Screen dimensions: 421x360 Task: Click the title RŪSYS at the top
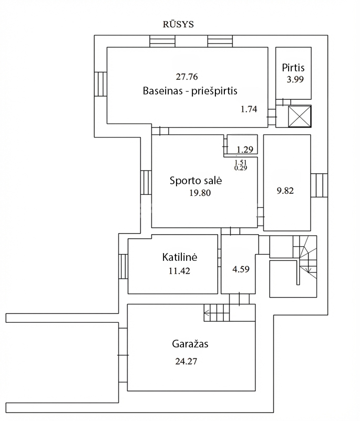(179, 24)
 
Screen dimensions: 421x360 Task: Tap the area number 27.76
(187, 76)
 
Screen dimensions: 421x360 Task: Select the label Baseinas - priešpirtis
(190, 91)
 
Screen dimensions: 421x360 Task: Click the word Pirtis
(293, 68)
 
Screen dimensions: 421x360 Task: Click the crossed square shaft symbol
(300, 117)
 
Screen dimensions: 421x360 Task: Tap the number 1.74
(249, 109)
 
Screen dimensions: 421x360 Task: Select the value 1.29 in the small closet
(245, 150)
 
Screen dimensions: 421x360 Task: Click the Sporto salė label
(196, 181)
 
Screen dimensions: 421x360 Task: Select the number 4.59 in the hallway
(241, 269)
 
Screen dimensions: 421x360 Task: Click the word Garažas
(190, 345)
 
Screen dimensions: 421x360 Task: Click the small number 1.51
(241, 162)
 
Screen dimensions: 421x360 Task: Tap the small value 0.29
(241, 168)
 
